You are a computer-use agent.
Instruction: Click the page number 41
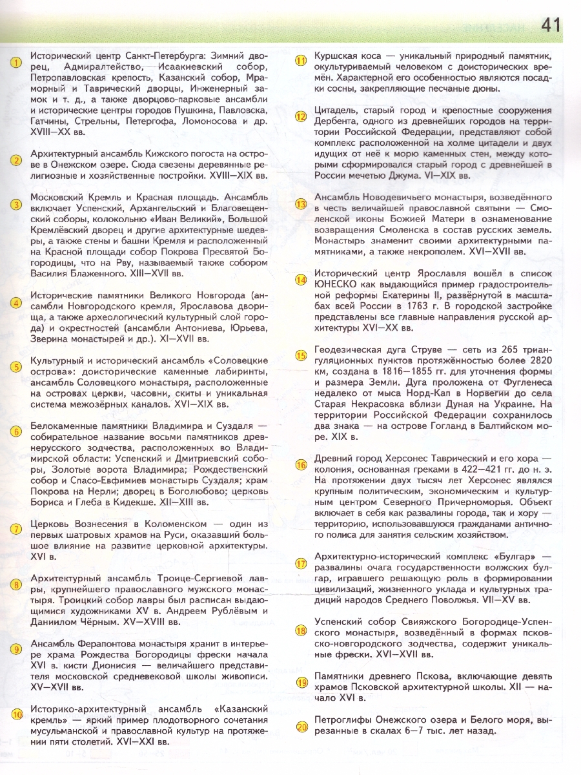click(x=551, y=25)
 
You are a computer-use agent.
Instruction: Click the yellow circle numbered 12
click(x=301, y=116)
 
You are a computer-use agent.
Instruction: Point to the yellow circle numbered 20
click(x=301, y=727)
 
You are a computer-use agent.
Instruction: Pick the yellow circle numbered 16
click(x=301, y=465)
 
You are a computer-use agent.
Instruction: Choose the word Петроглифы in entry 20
click(x=341, y=719)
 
